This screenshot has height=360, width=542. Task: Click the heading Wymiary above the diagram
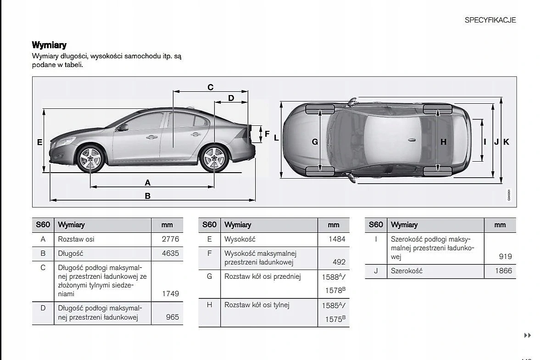coord(49,45)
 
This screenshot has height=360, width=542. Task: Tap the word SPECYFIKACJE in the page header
coord(490,20)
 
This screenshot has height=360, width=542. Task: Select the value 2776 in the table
coord(170,239)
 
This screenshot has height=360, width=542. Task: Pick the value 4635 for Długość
coord(170,253)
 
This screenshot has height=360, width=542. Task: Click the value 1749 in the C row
coord(170,293)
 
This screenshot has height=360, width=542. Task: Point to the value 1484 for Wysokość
coord(337,239)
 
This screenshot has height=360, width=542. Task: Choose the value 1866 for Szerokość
coord(503,271)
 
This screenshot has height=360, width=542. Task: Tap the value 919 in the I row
coord(505,257)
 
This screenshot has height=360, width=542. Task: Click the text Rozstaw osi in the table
coord(76,239)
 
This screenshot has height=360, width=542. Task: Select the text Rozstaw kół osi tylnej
coord(257,304)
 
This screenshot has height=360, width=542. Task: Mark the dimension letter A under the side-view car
coord(148,182)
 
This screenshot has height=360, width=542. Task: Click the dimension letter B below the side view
coord(148,196)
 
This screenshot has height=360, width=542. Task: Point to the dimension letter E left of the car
coord(40,142)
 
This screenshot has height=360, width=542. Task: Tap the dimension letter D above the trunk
coord(231,98)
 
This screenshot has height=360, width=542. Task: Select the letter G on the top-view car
coord(315,142)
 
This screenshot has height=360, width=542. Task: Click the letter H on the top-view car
coord(443,142)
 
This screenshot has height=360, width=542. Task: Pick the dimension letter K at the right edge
coord(506,142)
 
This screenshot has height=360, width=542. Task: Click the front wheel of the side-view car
coord(90,159)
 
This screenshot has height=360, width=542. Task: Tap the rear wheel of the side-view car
coord(214,159)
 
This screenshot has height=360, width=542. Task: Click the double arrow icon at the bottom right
coord(527,336)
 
